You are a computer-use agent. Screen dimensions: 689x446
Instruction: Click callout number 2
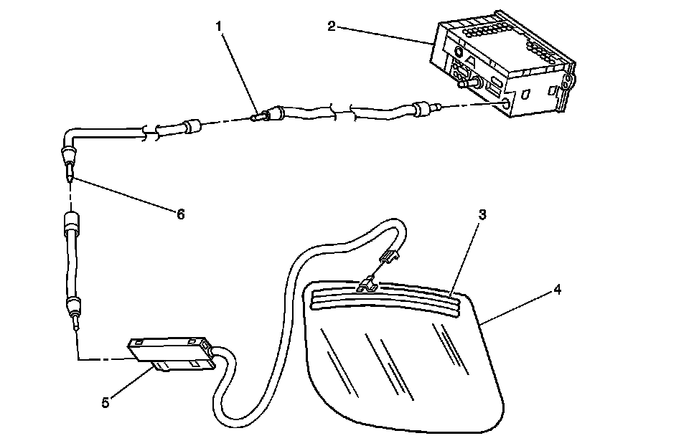331,27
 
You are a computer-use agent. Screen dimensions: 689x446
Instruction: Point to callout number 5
105,402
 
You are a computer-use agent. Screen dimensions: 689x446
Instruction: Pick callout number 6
181,214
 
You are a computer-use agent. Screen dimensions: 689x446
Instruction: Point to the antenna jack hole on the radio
508,104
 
